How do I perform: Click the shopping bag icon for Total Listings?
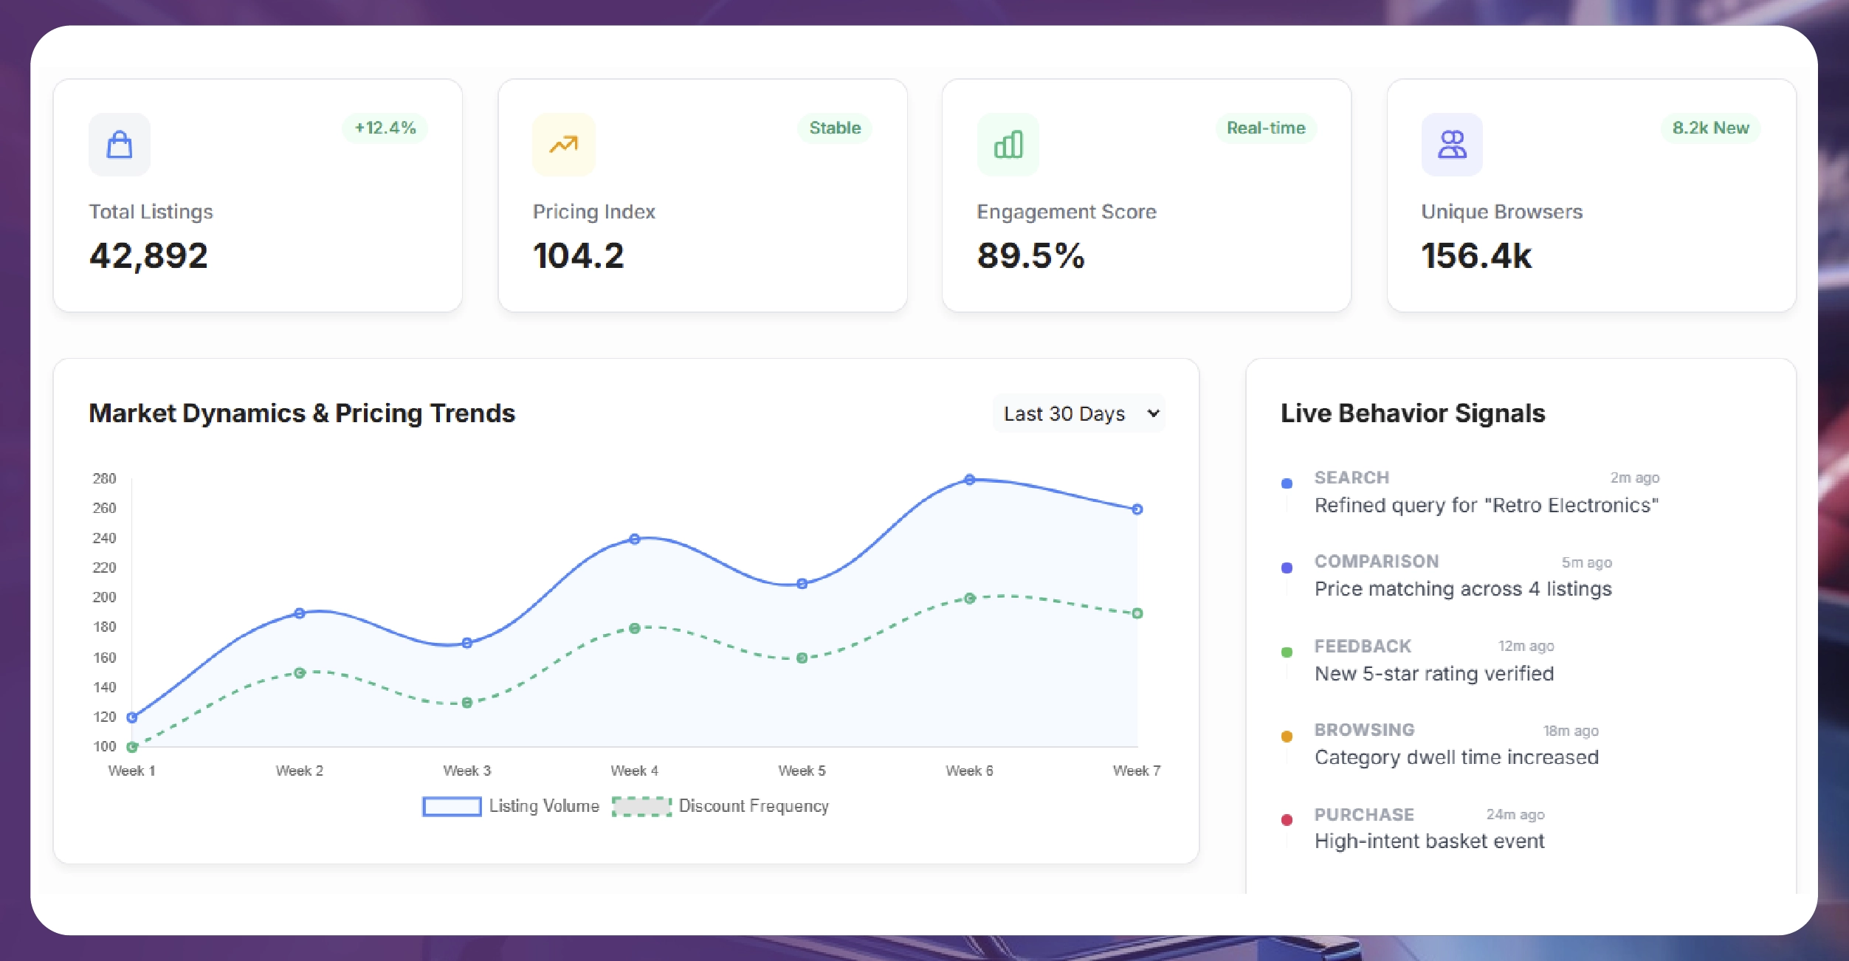pyautogui.click(x=120, y=145)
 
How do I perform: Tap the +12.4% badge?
pyautogui.click(x=385, y=128)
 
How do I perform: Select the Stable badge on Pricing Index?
pyautogui.click(x=835, y=128)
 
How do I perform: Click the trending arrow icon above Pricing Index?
pyautogui.click(x=564, y=145)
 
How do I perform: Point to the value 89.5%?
pyautogui.click(x=1030, y=256)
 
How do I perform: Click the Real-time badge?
pyautogui.click(x=1266, y=128)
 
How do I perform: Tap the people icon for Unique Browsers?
pyautogui.click(x=1452, y=145)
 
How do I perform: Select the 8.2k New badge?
pyautogui.click(x=1710, y=128)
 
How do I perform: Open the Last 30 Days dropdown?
pyautogui.click(x=1079, y=413)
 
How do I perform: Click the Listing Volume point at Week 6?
pyautogui.click(x=970, y=480)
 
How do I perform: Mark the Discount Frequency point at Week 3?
pyautogui.click(x=467, y=703)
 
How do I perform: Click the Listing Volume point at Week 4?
pyautogui.click(x=635, y=540)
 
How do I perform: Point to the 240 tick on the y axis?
pyautogui.click(x=104, y=538)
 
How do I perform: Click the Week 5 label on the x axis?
pyautogui.click(x=802, y=771)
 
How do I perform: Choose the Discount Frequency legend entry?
pyautogui.click(x=753, y=806)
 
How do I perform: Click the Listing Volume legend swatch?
pyautogui.click(x=452, y=806)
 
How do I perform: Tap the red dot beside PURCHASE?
pyautogui.click(x=1287, y=820)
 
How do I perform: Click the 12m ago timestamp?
pyautogui.click(x=1526, y=646)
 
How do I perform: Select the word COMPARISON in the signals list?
pyautogui.click(x=1377, y=562)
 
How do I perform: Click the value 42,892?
pyautogui.click(x=148, y=256)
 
